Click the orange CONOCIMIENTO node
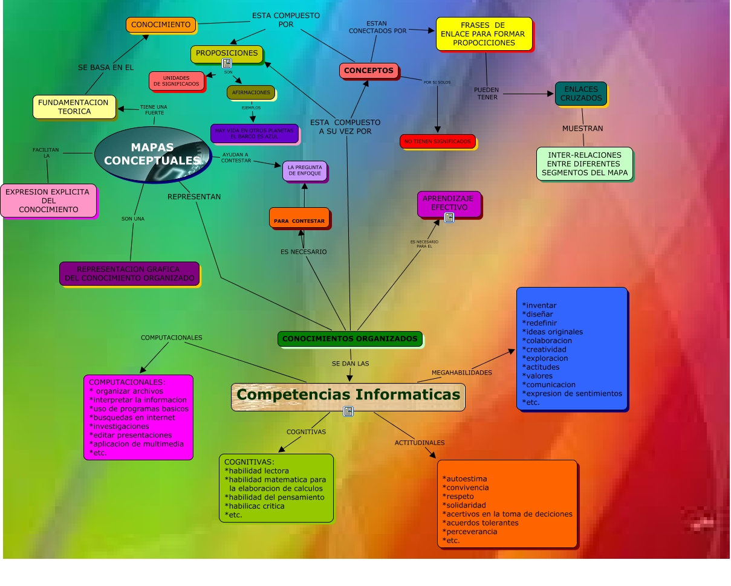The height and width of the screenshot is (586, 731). coord(161,25)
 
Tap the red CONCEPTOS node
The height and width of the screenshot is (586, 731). coord(369,71)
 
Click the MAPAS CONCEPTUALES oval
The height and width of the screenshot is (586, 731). coord(152,154)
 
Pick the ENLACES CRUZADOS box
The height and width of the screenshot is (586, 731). coord(580,94)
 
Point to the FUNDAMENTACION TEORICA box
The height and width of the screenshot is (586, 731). coord(74,107)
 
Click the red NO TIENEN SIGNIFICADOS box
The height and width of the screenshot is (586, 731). coord(437,141)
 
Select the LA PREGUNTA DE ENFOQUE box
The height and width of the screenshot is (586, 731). coord(305,171)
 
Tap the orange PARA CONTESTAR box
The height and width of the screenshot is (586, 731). coord(299,218)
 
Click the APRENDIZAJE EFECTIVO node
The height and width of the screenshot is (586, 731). coord(449,203)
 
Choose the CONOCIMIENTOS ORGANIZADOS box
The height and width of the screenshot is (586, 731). coord(350,339)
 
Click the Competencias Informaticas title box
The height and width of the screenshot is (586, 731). coord(348,396)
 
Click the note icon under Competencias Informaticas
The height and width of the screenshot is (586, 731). coord(348,411)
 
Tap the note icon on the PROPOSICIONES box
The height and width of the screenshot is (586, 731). coord(227,63)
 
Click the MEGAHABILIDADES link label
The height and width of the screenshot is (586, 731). coord(462,373)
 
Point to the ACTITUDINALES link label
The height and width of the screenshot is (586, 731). coord(420,443)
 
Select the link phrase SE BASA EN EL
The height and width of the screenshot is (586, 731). coord(106,68)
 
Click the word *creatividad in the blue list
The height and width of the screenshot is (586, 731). coord(545,349)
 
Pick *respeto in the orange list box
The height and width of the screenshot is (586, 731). coord(458,497)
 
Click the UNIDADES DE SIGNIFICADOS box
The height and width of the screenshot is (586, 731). coord(176,81)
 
